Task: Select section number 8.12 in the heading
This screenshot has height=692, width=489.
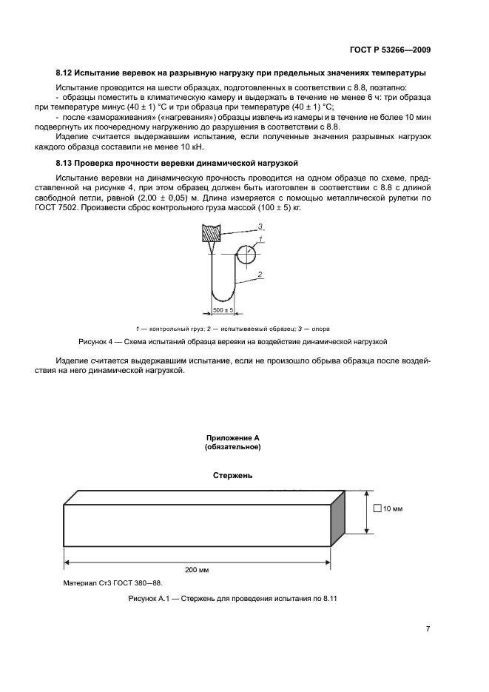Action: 64,73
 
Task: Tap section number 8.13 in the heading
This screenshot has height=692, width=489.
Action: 64,163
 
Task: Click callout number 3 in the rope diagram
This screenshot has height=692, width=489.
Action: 260,225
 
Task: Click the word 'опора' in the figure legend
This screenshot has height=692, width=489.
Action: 320,328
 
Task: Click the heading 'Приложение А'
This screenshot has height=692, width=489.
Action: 232,438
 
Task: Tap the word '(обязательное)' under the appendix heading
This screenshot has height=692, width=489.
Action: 232,447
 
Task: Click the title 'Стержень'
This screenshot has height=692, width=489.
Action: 232,476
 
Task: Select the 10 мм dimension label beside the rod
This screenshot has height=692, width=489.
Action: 391,508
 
